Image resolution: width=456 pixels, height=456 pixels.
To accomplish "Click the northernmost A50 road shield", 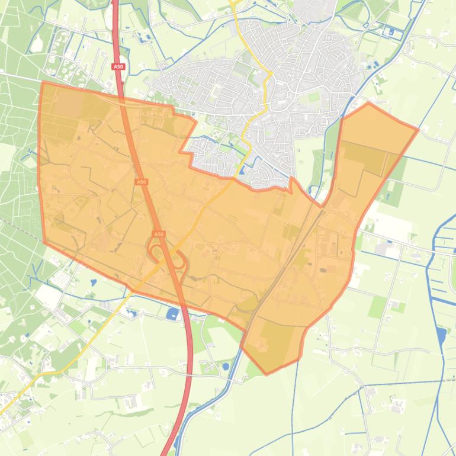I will (118, 67).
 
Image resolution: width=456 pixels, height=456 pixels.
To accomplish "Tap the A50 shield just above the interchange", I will (158, 235).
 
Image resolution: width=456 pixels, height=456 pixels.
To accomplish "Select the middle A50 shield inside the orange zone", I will (141, 182).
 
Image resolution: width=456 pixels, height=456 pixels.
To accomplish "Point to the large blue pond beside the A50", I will (174, 313).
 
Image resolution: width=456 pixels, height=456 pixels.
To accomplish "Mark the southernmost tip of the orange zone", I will (266, 374).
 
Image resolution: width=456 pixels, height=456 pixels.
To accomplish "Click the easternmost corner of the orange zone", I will (418, 129).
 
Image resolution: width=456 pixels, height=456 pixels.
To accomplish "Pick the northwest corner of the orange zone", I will (43, 83).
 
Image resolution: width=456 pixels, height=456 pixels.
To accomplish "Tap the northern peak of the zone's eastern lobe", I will (368, 103).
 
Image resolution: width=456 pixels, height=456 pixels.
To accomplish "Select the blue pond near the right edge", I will (441, 335).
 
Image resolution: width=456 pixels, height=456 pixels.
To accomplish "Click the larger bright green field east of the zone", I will (377, 306).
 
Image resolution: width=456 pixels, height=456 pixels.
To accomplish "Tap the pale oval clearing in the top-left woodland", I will (37, 42).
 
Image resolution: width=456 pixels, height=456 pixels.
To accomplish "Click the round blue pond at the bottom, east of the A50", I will (225, 367).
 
